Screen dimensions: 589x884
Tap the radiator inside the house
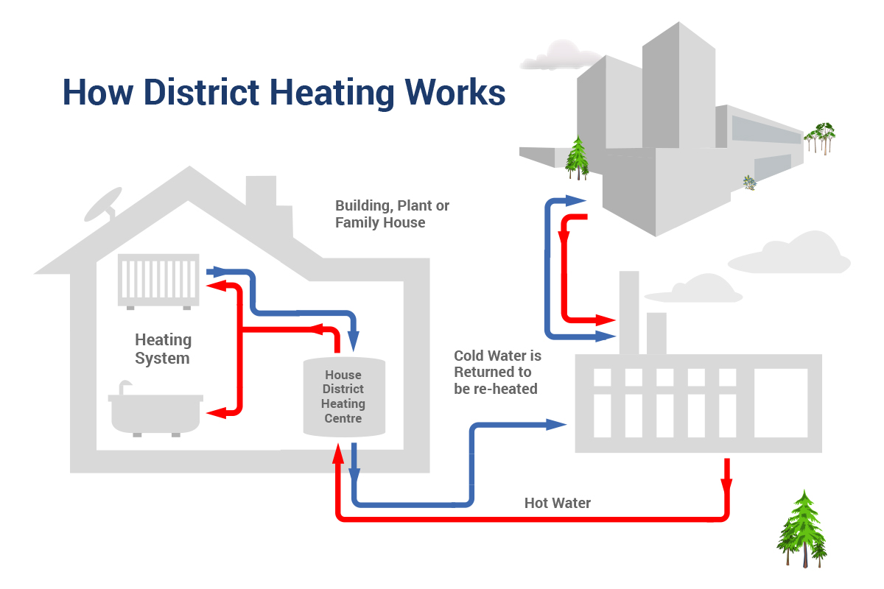click(x=159, y=280)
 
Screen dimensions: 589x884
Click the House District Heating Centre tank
click(x=343, y=396)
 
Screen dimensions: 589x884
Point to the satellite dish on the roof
click(x=104, y=204)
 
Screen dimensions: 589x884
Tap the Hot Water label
click(x=558, y=504)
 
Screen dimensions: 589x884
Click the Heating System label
click(x=163, y=349)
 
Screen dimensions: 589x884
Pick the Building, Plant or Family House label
click(x=392, y=214)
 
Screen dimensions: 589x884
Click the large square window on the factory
click(x=781, y=402)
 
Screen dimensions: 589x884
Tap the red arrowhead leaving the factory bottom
click(x=727, y=486)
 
